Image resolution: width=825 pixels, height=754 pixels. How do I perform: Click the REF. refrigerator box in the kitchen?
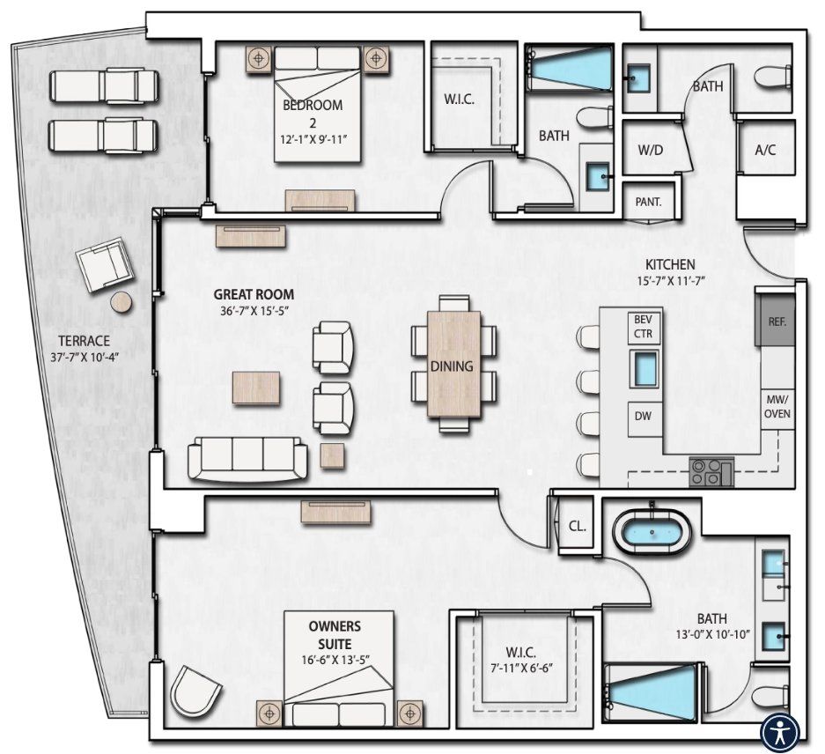click(777, 322)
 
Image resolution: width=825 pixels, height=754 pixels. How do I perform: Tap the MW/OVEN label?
click(777, 407)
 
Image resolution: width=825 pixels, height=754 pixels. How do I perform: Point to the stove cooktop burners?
click(711, 472)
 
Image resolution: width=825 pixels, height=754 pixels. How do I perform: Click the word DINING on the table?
click(453, 366)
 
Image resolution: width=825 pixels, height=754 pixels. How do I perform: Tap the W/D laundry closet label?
click(650, 150)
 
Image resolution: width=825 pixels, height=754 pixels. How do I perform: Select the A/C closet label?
click(765, 150)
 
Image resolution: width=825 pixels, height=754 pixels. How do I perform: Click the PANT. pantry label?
click(648, 201)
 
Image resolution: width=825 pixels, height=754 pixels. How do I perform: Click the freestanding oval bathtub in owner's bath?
click(652, 531)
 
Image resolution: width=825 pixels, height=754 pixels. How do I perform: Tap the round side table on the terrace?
click(122, 302)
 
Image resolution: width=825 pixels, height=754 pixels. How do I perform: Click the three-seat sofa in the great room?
click(247, 458)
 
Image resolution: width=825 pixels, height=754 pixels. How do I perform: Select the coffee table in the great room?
click(256, 388)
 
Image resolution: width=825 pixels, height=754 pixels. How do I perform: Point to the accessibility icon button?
click(780, 731)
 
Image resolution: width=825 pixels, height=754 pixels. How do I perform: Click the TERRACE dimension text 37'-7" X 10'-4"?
click(85, 358)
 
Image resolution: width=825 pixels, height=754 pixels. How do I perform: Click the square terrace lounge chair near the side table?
click(103, 266)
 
